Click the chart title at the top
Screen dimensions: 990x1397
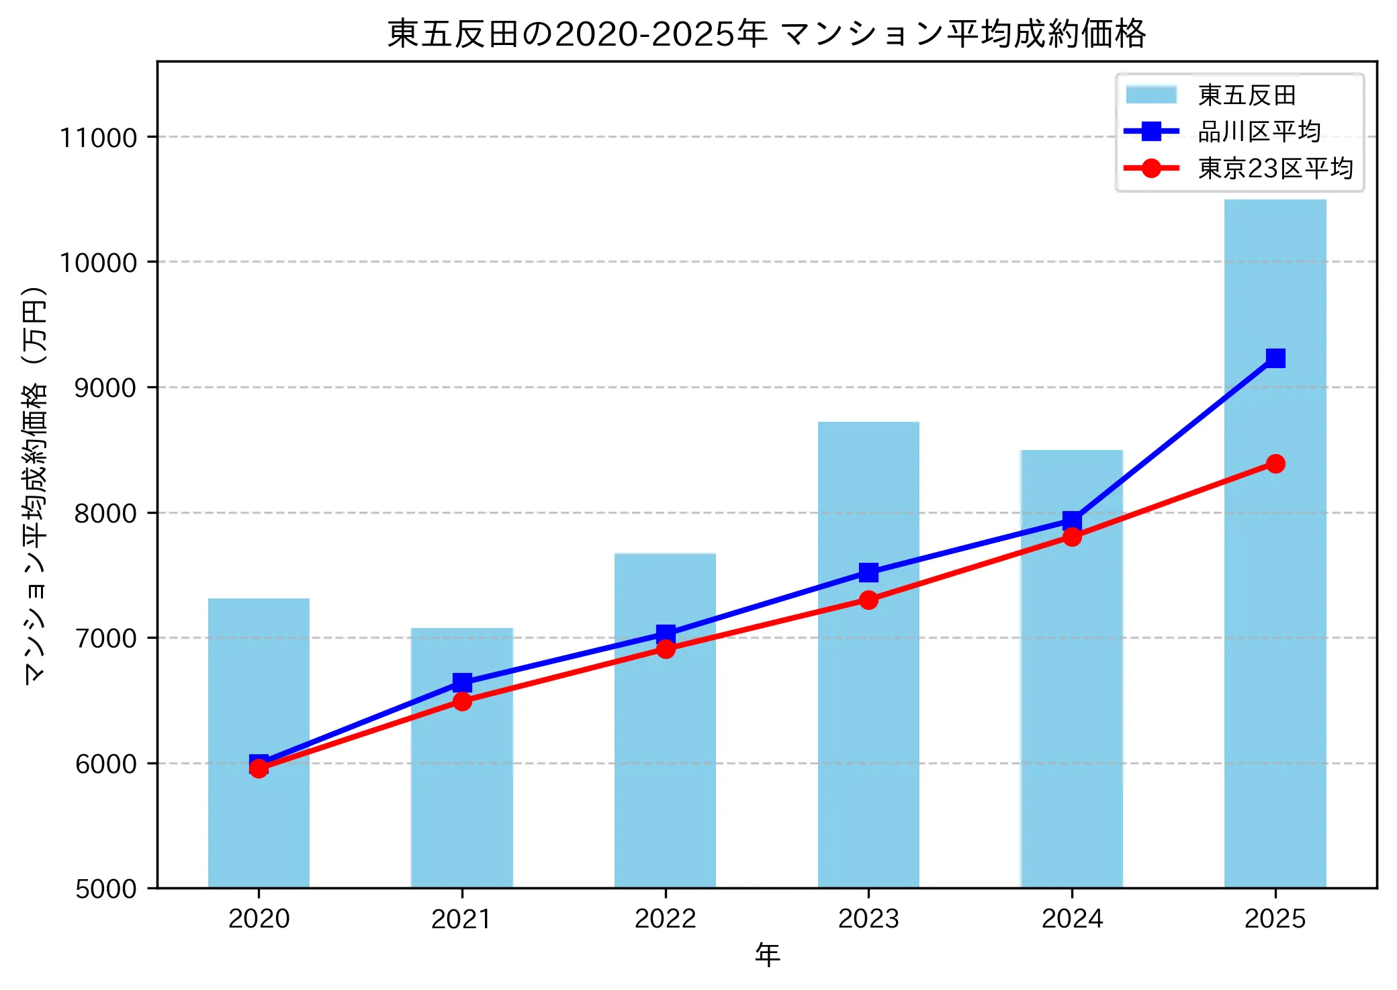click(766, 34)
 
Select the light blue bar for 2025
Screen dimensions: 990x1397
click(1275, 604)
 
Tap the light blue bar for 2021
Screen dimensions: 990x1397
click(462, 793)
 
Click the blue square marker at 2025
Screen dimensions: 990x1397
click(1275, 358)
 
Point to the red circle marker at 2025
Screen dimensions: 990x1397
click(1275, 464)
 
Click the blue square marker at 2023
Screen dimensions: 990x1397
click(868, 572)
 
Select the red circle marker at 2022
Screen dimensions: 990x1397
click(666, 649)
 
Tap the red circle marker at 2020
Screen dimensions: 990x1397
click(259, 768)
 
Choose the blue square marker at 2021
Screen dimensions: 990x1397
click(462, 682)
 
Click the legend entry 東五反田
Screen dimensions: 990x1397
click(1247, 95)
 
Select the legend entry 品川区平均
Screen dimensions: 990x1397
click(1259, 132)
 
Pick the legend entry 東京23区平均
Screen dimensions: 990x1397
click(1275, 168)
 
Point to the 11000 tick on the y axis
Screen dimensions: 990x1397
click(98, 138)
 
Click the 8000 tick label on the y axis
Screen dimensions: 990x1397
click(105, 513)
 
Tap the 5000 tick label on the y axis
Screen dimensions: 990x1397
click(105, 889)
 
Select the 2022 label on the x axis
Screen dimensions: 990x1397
click(666, 918)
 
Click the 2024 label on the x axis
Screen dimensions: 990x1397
click(1072, 918)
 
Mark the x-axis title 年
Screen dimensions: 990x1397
click(767, 954)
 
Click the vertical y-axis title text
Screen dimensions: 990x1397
click(35, 485)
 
